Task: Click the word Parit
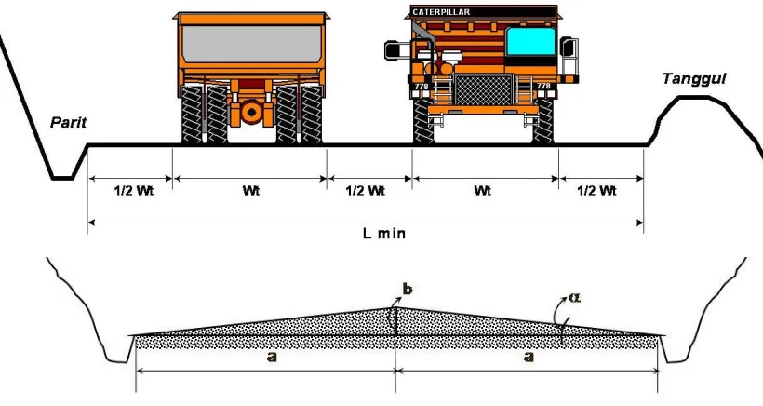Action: point(69,122)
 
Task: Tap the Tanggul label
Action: point(694,79)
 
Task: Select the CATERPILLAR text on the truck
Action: point(441,12)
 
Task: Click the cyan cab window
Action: point(531,41)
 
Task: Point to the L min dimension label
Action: point(384,233)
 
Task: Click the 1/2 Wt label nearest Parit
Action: point(134,190)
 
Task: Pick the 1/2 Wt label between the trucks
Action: point(366,190)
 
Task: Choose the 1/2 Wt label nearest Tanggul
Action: point(597,190)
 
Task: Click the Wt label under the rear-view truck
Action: point(251,190)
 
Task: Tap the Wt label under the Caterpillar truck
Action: point(483,190)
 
